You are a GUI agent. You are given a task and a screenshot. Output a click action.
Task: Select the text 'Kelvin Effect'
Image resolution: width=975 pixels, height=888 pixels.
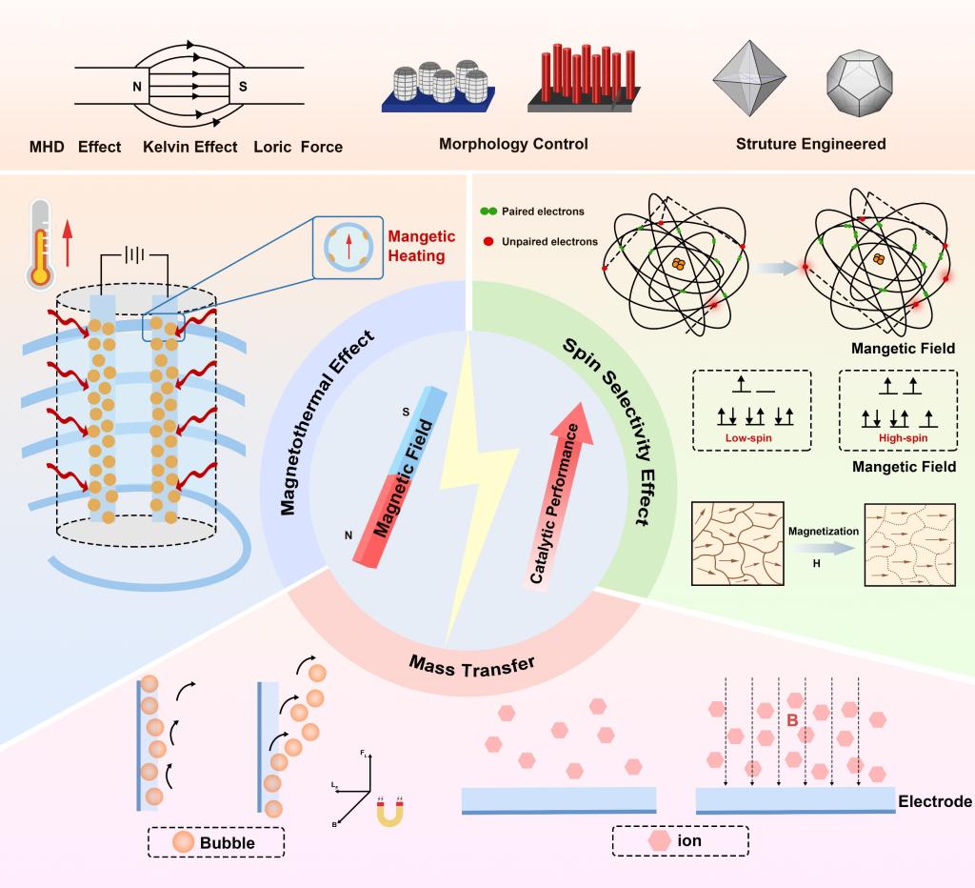pyautogui.click(x=190, y=148)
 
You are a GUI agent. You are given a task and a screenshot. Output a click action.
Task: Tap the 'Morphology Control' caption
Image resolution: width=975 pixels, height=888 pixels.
pyautogui.click(x=513, y=145)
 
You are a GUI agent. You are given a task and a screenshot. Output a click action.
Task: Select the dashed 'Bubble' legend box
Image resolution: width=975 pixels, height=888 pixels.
pyautogui.click(x=216, y=842)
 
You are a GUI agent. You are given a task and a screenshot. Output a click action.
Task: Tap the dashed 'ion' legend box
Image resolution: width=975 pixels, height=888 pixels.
pyautogui.click(x=681, y=841)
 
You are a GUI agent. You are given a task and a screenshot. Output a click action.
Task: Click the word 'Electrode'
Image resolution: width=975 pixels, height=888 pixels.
pyautogui.click(x=935, y=801)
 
